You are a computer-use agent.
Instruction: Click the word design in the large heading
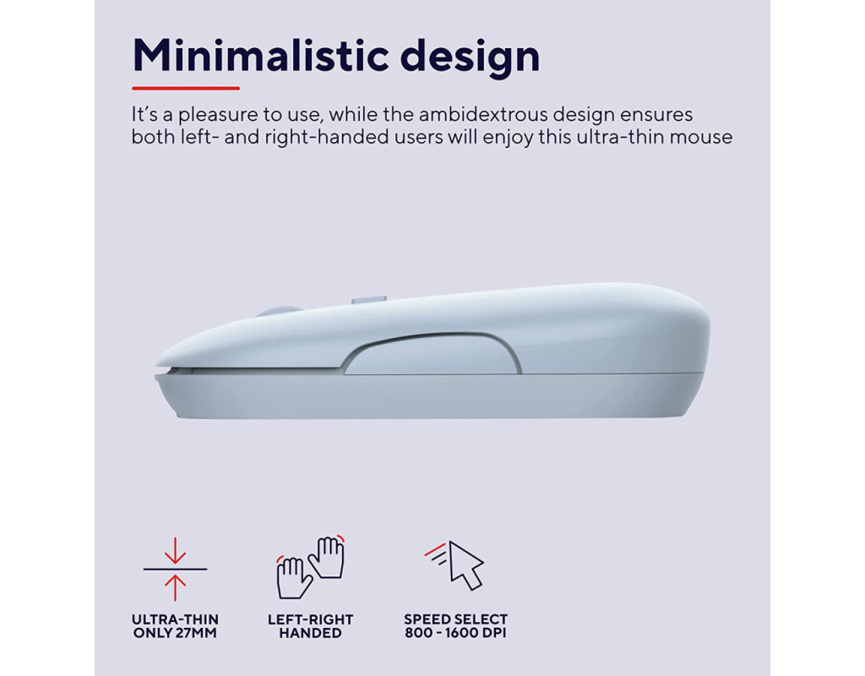coord(470,58)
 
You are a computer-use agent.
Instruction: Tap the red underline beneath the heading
coord(186,88)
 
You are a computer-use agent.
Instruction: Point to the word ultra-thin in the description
coord(620,137)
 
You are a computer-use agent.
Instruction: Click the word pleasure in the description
coord(218,116)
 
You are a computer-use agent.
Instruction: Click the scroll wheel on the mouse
coord(278,312)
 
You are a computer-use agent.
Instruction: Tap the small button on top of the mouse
coord(368,301)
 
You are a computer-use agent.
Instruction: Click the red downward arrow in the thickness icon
coord(175,550)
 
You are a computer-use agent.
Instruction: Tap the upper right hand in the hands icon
coord(328,557)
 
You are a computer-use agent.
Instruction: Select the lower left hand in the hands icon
coord(293,577)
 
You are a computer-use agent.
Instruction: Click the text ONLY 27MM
coord(175,633)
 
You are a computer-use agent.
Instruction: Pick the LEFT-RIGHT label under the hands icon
coord(310,619)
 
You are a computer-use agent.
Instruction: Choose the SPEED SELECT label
coord(455,619)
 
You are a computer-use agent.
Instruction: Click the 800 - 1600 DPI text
coord(455,633)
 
